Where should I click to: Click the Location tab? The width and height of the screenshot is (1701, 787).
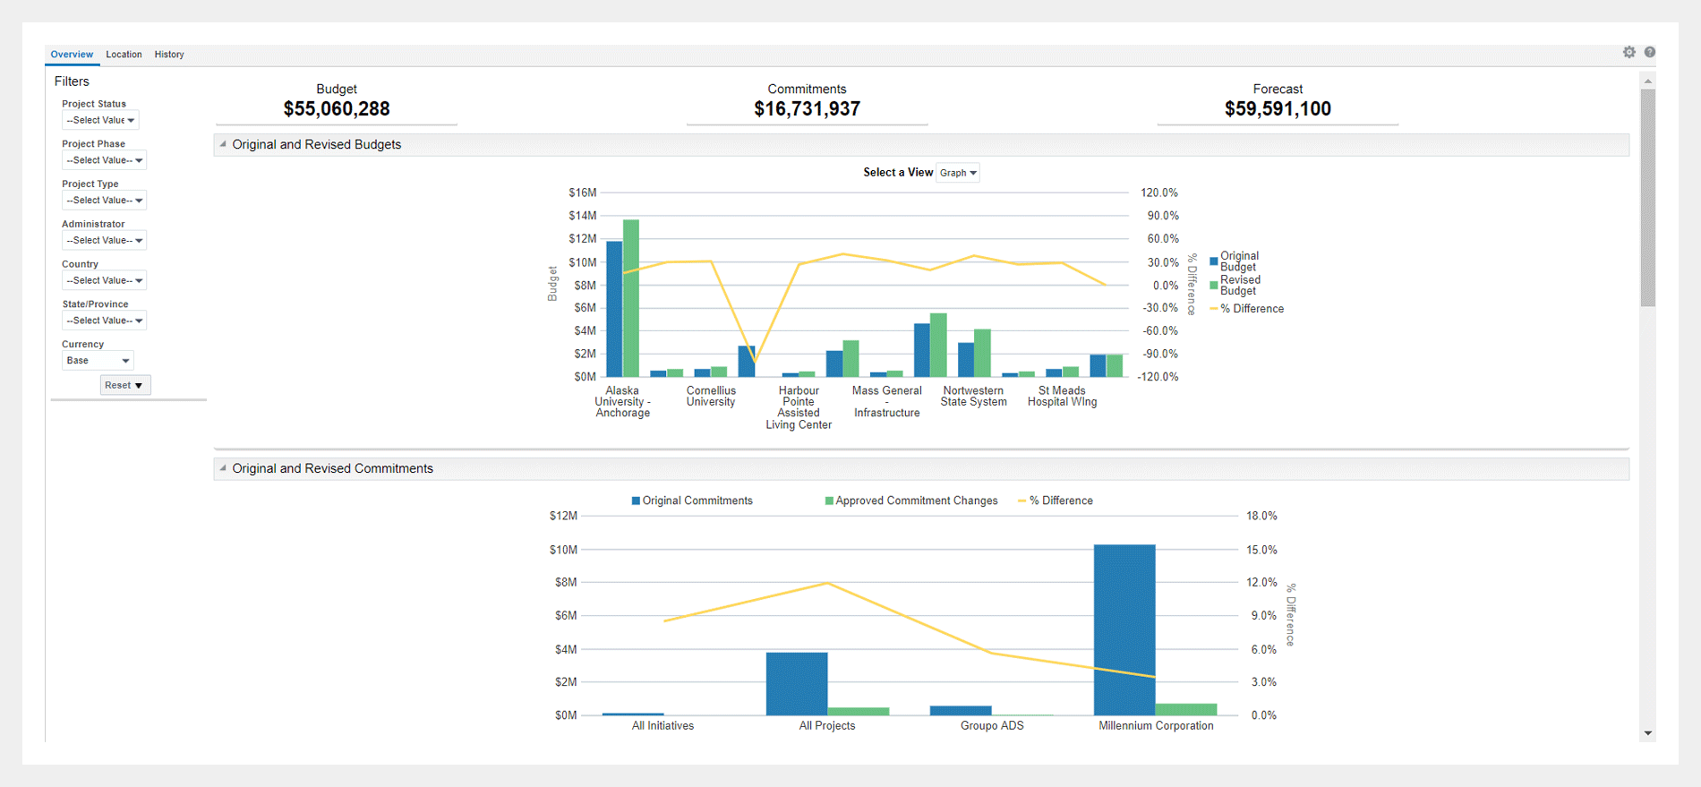pos(124,55)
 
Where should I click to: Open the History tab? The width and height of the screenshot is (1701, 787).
pos(169,55)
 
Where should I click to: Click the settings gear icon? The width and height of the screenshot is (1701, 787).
pos(1629,52)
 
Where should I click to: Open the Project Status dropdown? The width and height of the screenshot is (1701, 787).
pos(100,120)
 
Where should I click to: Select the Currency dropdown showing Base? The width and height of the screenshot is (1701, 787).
pos(98,361)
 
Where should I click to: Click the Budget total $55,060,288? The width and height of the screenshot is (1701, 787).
pos(337,109)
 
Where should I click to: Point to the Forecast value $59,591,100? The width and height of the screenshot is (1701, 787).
pos(1278,109)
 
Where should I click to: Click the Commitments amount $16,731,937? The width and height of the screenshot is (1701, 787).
pos(807,109)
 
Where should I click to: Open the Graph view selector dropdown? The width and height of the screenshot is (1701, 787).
pos(958,173)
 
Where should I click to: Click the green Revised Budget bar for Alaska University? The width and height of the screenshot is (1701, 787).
pos(631,298)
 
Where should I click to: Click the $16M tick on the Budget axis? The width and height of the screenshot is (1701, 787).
pos(582,192)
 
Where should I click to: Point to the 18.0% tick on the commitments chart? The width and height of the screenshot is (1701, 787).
pos(1261,516)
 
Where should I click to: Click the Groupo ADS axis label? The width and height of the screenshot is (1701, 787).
pos(992,726)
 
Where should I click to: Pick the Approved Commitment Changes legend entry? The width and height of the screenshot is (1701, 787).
pos(916,500)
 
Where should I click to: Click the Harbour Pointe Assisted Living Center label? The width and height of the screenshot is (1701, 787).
pos(799,407)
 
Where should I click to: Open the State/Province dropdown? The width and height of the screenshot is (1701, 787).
pos(104,321)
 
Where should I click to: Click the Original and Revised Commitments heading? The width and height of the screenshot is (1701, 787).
pos(332,468)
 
